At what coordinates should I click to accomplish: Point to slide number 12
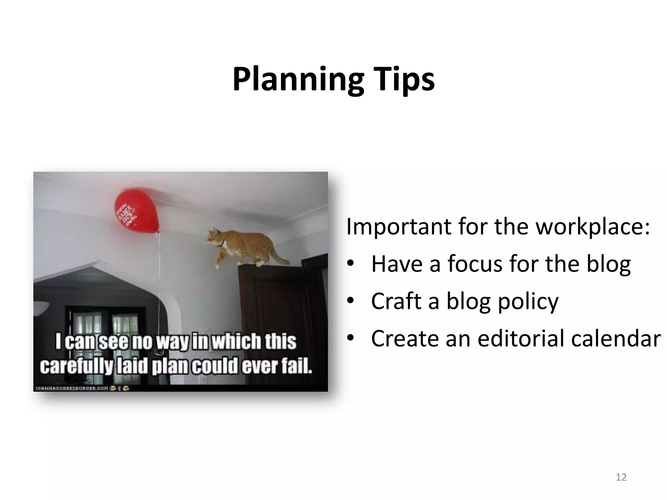621,477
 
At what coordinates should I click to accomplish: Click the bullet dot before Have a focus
350,264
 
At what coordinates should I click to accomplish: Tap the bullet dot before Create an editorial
350,339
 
